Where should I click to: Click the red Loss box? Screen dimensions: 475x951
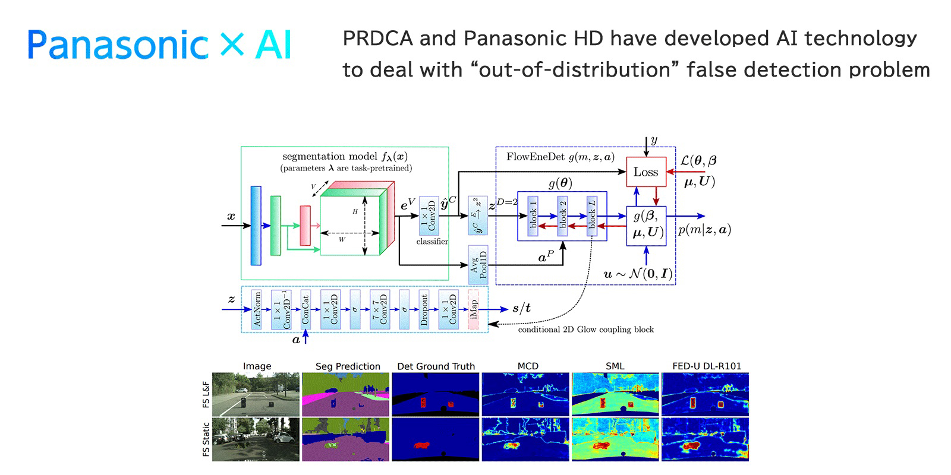[646, 172]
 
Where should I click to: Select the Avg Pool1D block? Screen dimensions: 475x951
[478, 264]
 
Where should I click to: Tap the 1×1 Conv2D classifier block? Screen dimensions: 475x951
[429, 216]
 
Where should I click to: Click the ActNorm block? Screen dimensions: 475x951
[257, 309]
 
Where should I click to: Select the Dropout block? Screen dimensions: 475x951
[424, 309]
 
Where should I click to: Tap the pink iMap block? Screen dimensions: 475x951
[474, 309]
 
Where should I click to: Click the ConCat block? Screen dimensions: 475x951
[306, 309]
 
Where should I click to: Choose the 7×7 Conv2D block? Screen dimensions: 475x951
[380, 309]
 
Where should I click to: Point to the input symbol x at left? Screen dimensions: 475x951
[231, 217]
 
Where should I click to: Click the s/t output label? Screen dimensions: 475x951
[521, 308]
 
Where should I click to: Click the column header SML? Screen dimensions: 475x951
[615, 366]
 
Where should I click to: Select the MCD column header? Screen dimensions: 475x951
[527, 366]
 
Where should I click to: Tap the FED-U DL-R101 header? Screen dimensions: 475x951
[706, 366]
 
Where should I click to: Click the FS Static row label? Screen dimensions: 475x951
[206, 439]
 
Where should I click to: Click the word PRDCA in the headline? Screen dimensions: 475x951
[377, 39]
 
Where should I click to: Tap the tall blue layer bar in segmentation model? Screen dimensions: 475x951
[256, 225]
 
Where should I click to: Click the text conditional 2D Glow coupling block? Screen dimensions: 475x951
[585, 330]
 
